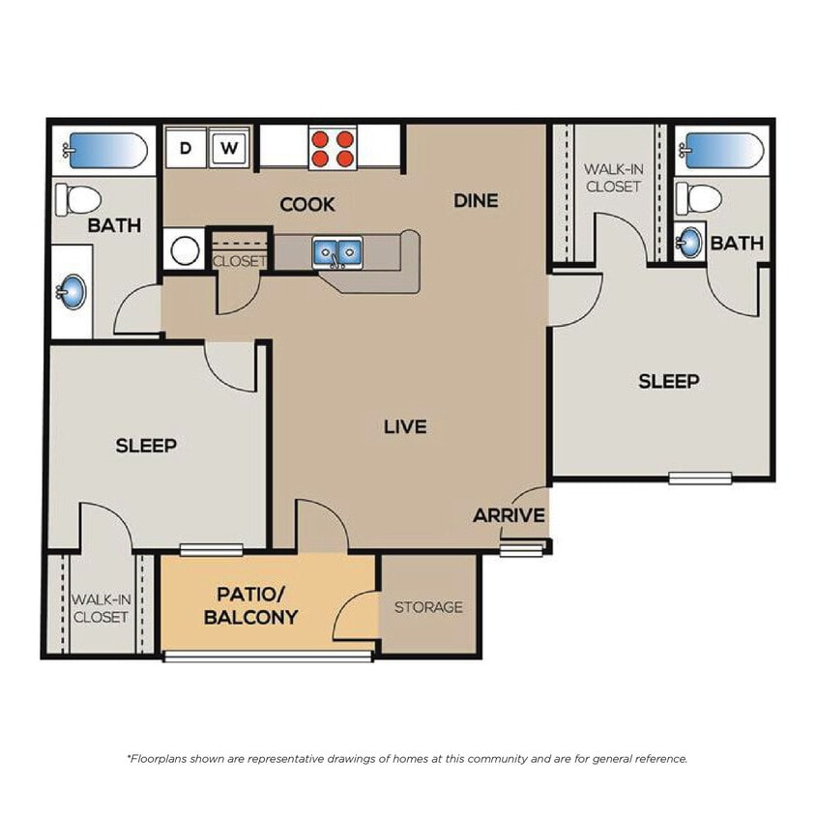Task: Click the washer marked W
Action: [229, 149]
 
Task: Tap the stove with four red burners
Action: [331, 149]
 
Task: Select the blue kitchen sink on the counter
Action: [336, 253]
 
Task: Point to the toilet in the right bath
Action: [700, 198]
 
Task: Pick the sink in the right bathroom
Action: [688, 242]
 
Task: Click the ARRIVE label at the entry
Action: [509, 515]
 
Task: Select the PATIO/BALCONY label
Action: [250, 605]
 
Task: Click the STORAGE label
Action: [428, 607]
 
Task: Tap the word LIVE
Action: [405, 426]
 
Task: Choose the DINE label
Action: [476, 200]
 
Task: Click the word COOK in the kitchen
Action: [307, 204]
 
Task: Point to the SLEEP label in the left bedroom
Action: [146, 445]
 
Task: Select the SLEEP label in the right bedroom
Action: [668, 381]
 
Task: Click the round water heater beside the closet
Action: [184, 250]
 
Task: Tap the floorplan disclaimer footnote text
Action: [407, 759]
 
